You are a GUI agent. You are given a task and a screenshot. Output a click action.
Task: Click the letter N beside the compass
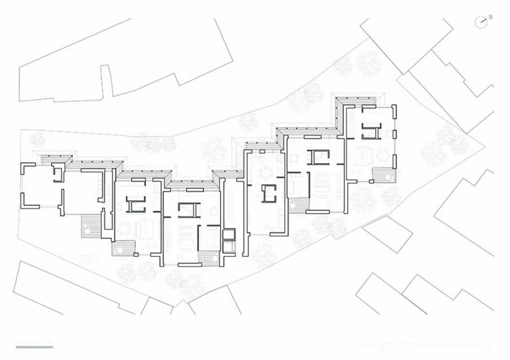pos(490,17)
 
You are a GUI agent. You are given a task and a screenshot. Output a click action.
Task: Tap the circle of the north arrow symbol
pos(480,22)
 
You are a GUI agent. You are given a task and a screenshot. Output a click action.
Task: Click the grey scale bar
pos(35,347)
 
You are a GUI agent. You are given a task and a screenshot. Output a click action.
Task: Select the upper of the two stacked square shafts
pos(229,234)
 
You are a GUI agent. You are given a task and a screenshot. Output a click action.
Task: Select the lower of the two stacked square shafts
pos(229,246)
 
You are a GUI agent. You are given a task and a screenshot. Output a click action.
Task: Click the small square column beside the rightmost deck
pos(371,181)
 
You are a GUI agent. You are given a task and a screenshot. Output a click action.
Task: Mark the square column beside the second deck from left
pos(136,254)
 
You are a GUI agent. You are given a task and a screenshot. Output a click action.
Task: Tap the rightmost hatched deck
pos(384,176)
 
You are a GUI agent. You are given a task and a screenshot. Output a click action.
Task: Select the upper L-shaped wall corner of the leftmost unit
pos(28,169)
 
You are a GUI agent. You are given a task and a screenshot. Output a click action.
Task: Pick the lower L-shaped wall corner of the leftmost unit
pos(30,201)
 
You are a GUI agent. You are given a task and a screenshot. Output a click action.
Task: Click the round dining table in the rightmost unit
pos(384,155)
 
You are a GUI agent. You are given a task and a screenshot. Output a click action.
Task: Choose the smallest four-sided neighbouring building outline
pos(387,234)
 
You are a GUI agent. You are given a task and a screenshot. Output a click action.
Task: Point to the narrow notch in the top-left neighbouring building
pos(107,81)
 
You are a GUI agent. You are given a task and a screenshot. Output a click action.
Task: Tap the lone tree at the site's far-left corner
pos(38,139)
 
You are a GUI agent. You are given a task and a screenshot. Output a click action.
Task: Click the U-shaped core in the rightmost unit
pos(371,131)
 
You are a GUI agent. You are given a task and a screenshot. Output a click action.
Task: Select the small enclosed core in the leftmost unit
pos(58,174)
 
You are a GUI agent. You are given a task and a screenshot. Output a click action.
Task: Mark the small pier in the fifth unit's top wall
pos(262,152)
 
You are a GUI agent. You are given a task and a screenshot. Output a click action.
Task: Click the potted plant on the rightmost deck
pos(388,178)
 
